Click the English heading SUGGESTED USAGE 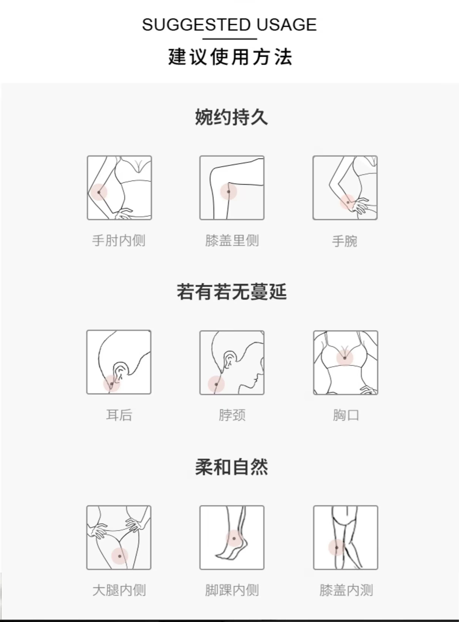(229, 25)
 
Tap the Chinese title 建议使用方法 (230, 57)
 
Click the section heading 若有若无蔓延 (232, 292)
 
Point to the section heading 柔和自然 (232, 467)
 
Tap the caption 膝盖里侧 (232, 240)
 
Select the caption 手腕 (345, 241)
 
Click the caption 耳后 (119, 415)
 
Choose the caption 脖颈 (232, 415)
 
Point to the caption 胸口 (346, 415)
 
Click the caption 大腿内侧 (119, 590)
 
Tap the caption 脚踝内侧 (232, 590)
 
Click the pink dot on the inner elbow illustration (99, 192)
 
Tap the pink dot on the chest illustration (345, 358)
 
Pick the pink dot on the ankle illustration (234, 538)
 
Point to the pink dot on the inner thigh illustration (120, 556)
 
